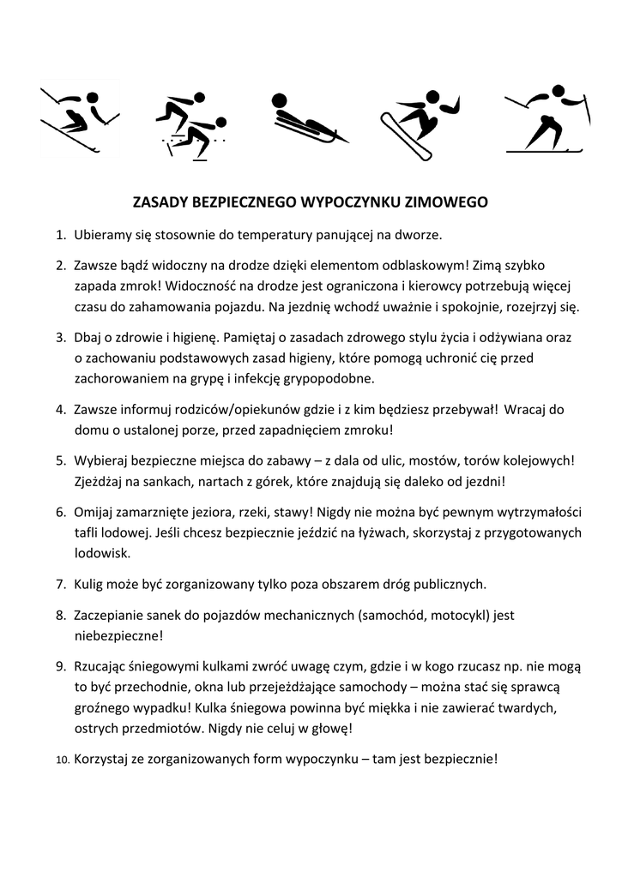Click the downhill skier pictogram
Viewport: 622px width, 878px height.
[79, 119]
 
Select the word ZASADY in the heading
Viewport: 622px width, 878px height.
[159, 203]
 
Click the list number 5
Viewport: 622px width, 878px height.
[61, 460]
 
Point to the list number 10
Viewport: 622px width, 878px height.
[62, 760]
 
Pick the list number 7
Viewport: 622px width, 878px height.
[61, 585]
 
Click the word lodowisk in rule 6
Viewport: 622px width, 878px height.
[101, 554]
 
